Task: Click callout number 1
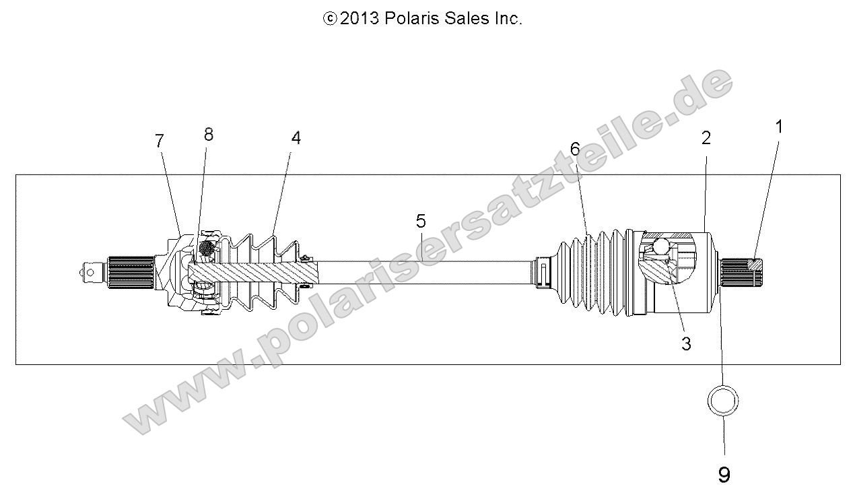click(x=779, y=127)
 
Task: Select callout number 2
click(x=706, y=138)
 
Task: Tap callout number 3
click(x=686, y=343)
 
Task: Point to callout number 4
click(x=296, y=137)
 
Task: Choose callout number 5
click(x=421, y=220)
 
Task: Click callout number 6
click(x=574, y=149)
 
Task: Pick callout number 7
click(x=159, y=141)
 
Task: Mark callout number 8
click(x=208, y=134)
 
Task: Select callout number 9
click(x=724, y=475)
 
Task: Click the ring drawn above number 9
click(x=724, y=402)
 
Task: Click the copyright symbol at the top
click(x=330, y=20)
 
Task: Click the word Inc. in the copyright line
click(x=508, y=19)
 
